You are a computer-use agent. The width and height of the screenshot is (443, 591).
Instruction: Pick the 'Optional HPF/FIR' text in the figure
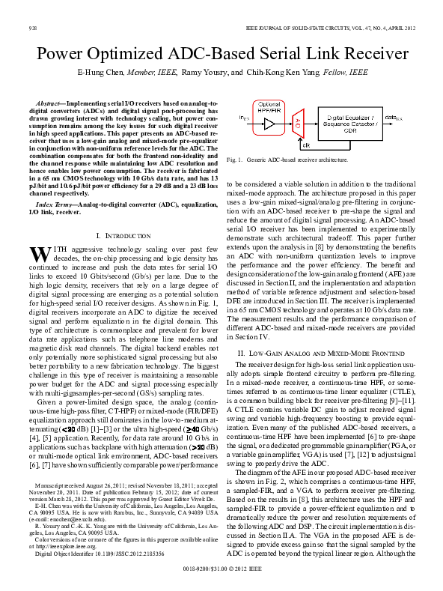pos(269,106)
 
